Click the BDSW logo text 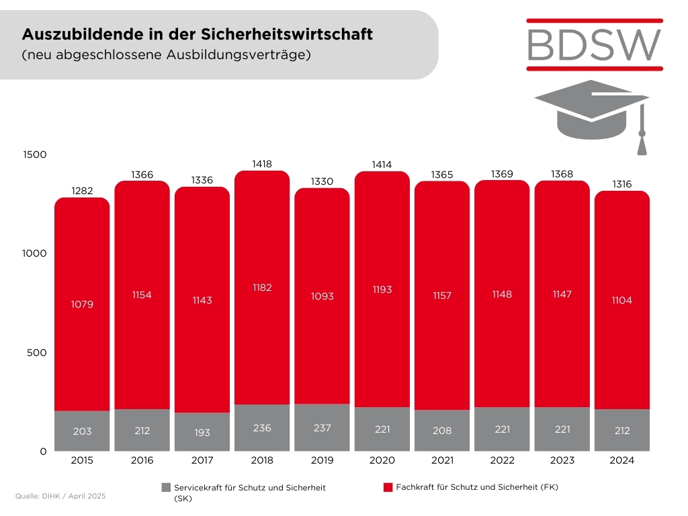pyautogui.click(x=595, y=44)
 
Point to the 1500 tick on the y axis pyautogui.click(x=34, y=155)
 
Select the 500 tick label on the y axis pyautogui.click(x=36, y=353)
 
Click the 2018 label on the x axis pyautogui.click(x=262, y=461)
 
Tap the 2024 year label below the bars pyautogui.click(x=622, y=461)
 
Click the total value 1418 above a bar pyautogui.click(x=262, y=163)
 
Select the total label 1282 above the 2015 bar pyautogui.click(x=82, y=190)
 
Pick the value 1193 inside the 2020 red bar pyautogui.click(x=382, y=290)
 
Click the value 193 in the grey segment pyautogui.click(x=202, y=433)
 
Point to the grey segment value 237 pyautogui.click(x=322, y=428)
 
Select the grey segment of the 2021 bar pyautogui.click(x=442, y=430)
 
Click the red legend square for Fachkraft pyautogui.click(x=388, y=487)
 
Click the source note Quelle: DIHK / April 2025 pyautogui.click(x=60, y=496)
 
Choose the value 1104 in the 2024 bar pyautogui.click(x=622, y=300)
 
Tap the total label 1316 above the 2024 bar pyautogui.click(x=622, y=184)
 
